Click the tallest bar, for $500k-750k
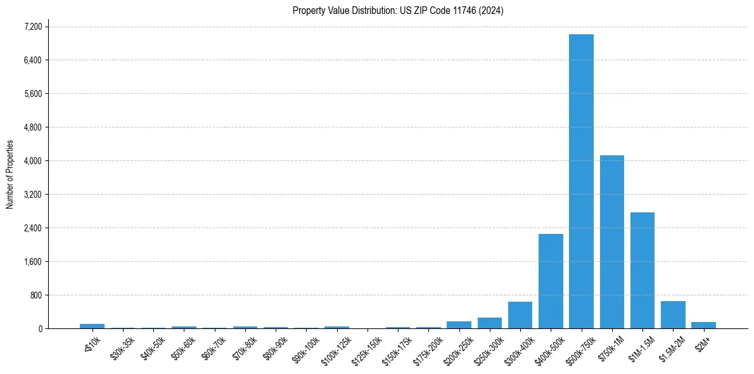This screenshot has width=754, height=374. pos(581,181)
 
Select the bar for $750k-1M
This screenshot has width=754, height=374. pos(611,242)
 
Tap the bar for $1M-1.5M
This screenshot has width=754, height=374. pos(642,271)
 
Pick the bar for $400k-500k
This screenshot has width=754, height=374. pos(551,281)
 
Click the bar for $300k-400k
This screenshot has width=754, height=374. pos(520,315)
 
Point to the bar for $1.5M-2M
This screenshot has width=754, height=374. pos(673,315)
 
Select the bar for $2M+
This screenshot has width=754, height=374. pos(703,325)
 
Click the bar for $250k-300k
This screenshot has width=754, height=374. pos(490,323)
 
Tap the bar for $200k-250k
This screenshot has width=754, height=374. pos(459,325)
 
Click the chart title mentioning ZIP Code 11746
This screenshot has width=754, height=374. pos(398,11)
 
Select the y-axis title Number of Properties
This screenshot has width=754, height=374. pos(10,174)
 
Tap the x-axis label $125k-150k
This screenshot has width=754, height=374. pos(366,349)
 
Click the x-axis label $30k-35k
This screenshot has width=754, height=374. pos(123,348)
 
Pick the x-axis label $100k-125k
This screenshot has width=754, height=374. pos(336,349)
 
